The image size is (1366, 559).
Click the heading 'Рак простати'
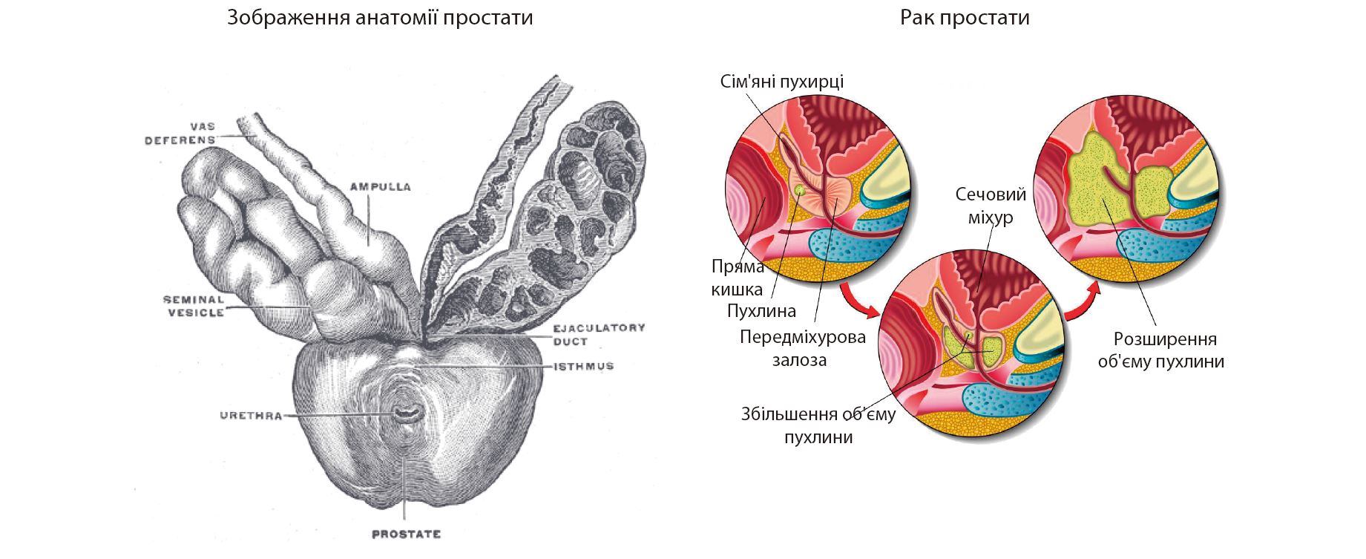(x=965, y=17)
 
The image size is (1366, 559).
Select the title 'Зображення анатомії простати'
(x=380, y=17)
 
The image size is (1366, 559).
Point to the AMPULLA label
(x=380, y=187)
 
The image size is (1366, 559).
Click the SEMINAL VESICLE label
(x=194, y=306)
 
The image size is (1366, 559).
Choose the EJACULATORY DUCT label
(x=598, y=334)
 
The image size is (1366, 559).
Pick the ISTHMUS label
(x=584, y=366)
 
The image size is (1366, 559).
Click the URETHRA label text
(x=251, y=416)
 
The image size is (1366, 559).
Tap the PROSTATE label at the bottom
(x=406, y=534)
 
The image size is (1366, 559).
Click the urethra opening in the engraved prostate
(x=405, y=413)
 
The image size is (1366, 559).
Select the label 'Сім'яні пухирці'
(x=781, y=81)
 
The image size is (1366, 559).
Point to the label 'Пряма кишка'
(x=737, y=278)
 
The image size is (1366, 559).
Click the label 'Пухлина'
(x=761, y=310)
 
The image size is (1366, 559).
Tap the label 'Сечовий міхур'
(x=991, y=206)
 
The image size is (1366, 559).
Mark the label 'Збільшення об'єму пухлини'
(x=818, y=425)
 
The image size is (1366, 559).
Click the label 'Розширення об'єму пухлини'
(x=1160, y=350)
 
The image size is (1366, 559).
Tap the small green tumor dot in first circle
(x=800, y=190)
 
